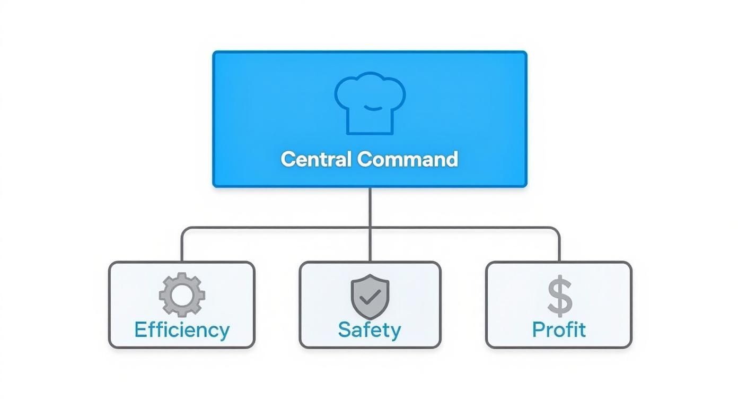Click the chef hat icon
point(370,103)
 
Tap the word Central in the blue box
point(315,159)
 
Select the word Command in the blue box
point(407,159)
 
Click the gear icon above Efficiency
point(182,295)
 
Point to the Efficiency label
point(182,329)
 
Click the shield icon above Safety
point(370,296)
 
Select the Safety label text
point(370,329)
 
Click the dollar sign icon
point(559,296)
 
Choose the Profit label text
point(559,329)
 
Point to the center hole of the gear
point(182,295)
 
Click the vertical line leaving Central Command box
point(370,207)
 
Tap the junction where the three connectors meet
point(370,228)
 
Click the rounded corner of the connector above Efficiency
point(184,230)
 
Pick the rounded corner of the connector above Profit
point(557,230)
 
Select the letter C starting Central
point(287,159)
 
